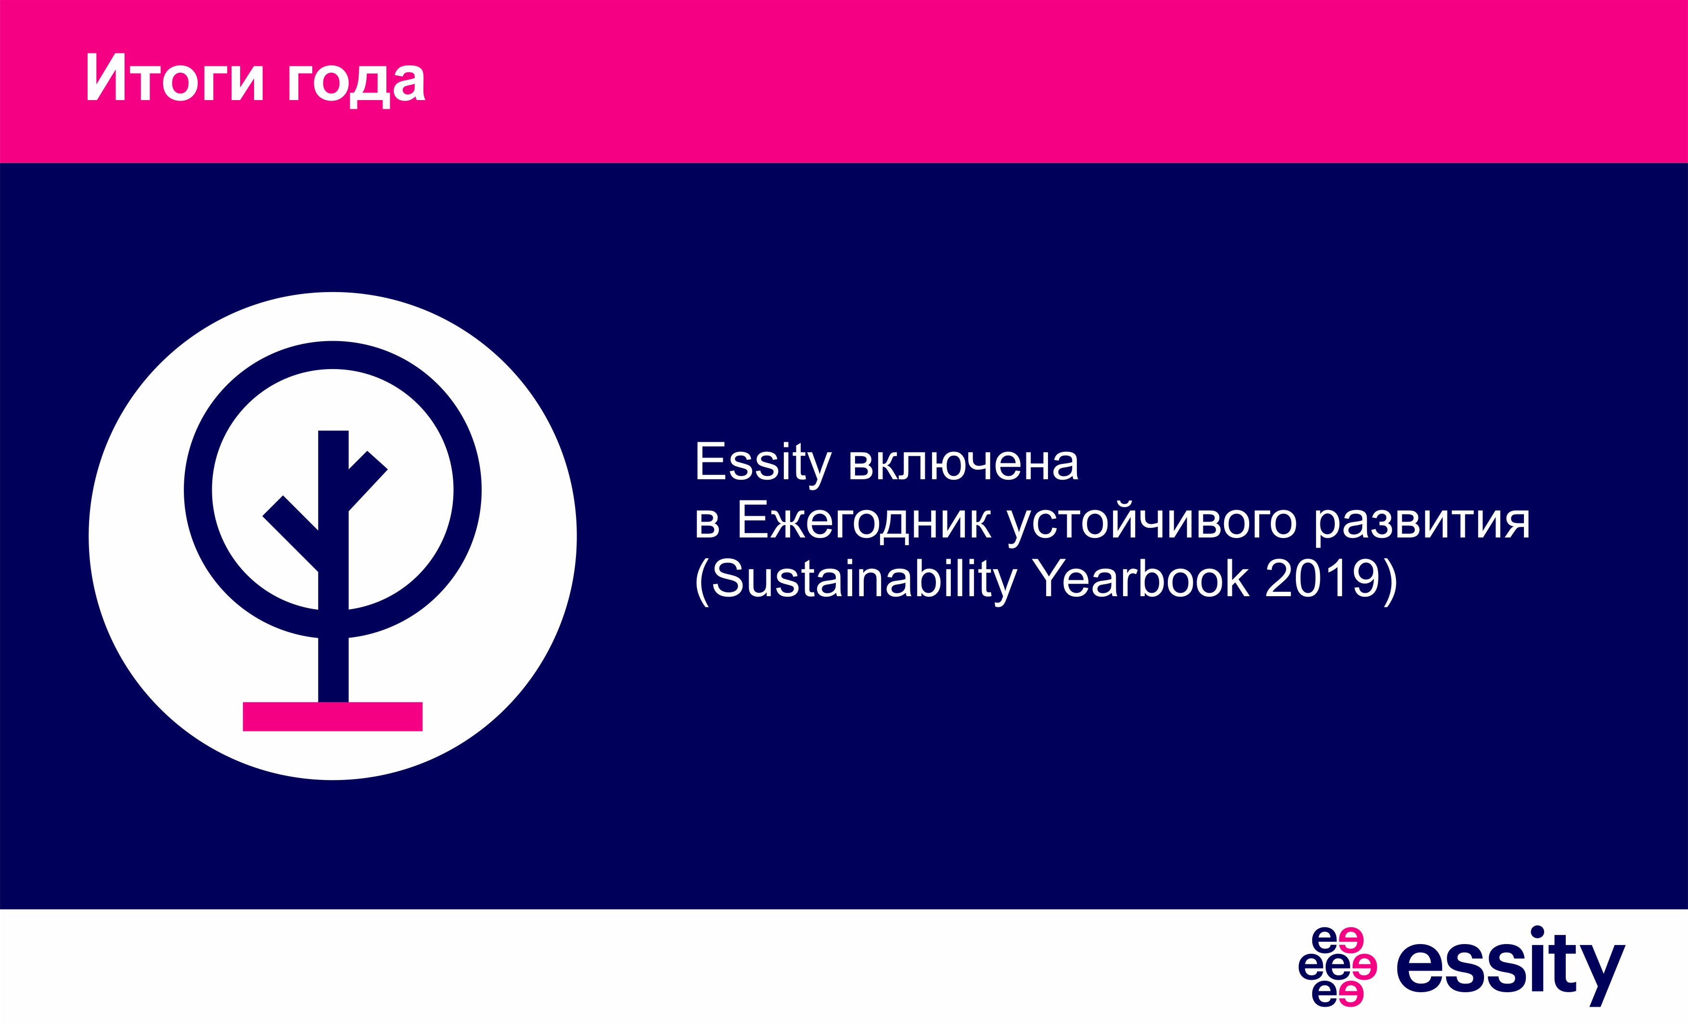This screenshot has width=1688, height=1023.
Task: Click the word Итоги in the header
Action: (x=175, y=77)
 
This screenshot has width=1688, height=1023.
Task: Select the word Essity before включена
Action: (x=763, y=464)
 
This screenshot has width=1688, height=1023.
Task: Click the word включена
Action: (x=964, y=463)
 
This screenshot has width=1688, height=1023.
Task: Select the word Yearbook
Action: (x=1140, y=578)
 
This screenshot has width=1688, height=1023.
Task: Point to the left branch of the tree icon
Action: (x=291, y=533)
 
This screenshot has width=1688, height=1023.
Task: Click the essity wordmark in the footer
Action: (x=1510, y=966)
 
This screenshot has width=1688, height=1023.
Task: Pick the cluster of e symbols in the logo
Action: (x=1337, y=967)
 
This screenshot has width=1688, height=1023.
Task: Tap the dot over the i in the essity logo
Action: (x=1537, y=932)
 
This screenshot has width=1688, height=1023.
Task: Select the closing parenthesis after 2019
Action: (x=1390, y=582)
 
